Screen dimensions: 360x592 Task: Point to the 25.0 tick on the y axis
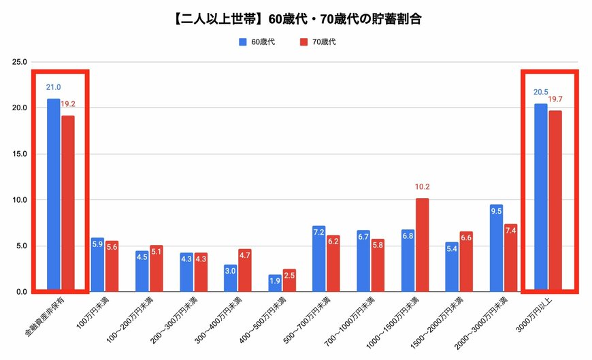[20, 62]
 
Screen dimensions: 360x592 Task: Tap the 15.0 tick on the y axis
[20, 154]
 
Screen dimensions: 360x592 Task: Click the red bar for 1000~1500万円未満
[422, 245]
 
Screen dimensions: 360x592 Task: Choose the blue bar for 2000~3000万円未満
[496, 248]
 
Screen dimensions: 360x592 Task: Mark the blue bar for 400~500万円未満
[275, 283]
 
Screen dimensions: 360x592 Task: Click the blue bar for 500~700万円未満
[319, 259]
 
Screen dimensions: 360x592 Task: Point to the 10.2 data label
[422, 186]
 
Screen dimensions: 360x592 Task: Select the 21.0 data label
[54, 87]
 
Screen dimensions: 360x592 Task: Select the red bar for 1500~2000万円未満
[466, 261]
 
